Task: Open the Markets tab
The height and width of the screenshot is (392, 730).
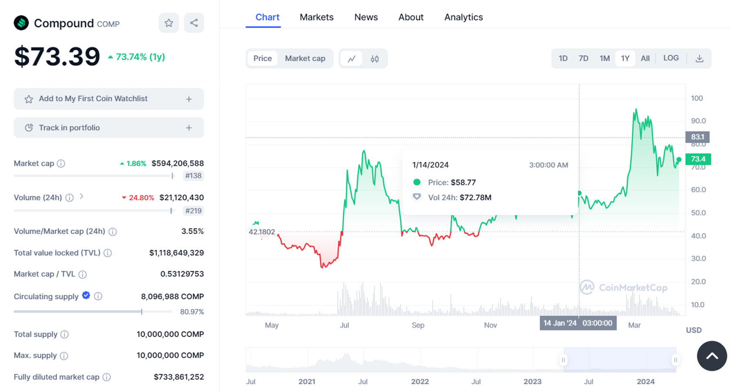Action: point(316,17)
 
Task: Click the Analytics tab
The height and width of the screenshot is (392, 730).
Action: point(463,17)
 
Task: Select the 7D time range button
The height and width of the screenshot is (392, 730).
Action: point(583,58)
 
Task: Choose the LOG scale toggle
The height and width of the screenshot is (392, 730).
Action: point(670,58)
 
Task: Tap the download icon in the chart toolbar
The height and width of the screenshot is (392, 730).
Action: point(699,58)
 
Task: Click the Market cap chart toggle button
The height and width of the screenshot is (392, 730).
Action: point(305,58)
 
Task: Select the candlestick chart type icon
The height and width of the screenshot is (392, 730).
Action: point(375,59)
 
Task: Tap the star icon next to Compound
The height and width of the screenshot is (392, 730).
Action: point(169,23)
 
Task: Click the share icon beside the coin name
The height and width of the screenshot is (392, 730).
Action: point(194,23)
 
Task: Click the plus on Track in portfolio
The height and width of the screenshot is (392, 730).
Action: point(189,128)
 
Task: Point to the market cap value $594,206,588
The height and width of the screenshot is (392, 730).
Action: point(177,164)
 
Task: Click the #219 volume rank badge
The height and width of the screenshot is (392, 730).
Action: point(193,211)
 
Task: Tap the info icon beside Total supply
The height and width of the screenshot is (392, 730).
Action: point(64,335)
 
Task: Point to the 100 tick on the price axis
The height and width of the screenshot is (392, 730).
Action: point(697,98)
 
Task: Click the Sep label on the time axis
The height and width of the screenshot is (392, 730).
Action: point(418,325)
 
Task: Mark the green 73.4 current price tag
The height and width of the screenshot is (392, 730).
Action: point(698,159)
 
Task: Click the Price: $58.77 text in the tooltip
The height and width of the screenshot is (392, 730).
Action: point(451,182)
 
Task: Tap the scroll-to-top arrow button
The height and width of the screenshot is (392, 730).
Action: point(711,356)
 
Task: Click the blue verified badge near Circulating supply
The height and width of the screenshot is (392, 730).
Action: point(86,295)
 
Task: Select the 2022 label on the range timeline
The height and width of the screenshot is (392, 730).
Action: point(420,382)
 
